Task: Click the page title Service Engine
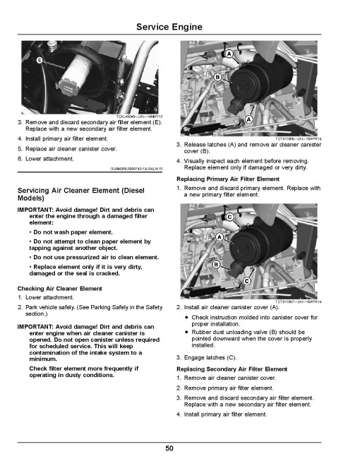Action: point(169,27)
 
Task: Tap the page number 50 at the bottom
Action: point(169,448)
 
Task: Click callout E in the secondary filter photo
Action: point(40,60)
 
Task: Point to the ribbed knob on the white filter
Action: point(69,87)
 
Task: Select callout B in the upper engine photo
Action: point(217,77)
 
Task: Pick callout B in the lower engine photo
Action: point(216,264)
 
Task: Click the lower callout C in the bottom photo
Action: point(246,281)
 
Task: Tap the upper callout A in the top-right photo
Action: point(229,54)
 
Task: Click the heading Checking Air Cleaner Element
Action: point(60,289)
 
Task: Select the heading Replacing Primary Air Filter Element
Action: point(228,179)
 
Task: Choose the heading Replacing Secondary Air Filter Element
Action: point(232,369)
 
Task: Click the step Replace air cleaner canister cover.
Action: point(67,149)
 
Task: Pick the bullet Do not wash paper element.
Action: point(71,232)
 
